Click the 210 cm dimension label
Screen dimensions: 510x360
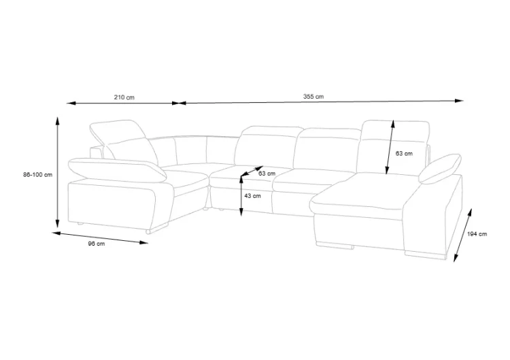click(124, 97)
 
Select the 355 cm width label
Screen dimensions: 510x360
click(313, 97)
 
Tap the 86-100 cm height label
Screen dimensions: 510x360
click(37, 175)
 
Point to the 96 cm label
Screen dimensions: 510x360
click(97, 244)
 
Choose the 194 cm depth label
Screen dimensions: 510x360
click(477, 234)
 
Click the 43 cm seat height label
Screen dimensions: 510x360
click(252, 196)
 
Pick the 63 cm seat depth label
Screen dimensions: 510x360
click(267, 174)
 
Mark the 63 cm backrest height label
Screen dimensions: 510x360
click(404, 153)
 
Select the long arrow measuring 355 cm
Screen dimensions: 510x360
click(321, 102)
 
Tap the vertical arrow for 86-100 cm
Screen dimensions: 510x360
click(57, 172)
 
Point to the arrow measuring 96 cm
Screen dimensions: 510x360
click(100, 238)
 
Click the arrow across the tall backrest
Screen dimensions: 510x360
click(390, 147)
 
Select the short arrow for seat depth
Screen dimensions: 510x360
click(252, 171)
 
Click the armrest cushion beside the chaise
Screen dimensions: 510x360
click(440, 168)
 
